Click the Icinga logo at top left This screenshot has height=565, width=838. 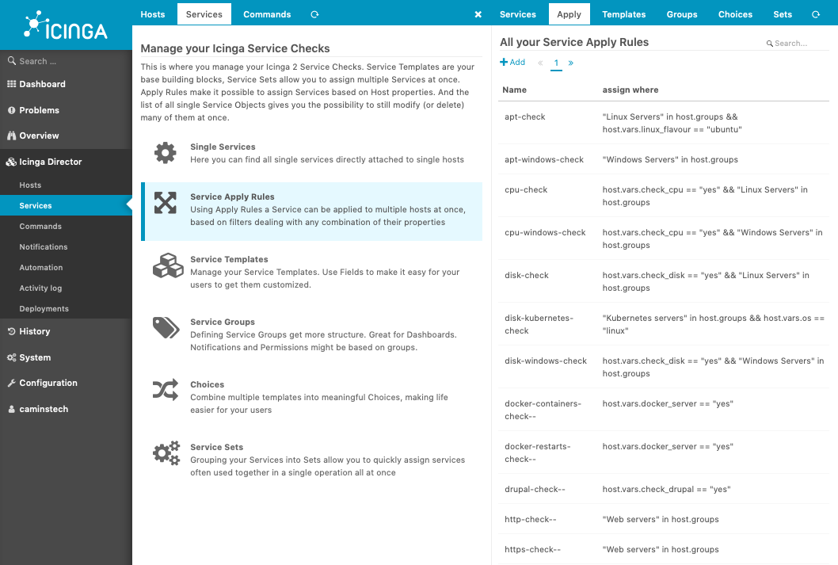tap(66, 25)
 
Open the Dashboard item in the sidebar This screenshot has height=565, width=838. tap(42, 84)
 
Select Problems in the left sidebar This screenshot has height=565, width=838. tap(39, 110)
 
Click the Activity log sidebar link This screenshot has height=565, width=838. tap(40, 288)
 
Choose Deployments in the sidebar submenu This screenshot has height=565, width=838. tap(44, 309)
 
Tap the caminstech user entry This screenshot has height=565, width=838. tap(44, 409)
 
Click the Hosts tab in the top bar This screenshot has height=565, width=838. tap(153, 14)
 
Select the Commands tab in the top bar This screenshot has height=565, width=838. tap(267, 14)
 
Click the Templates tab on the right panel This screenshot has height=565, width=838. tap(623, 14)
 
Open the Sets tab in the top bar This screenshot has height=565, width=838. tap(783, 14)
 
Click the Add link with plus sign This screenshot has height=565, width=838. tap(512, 62)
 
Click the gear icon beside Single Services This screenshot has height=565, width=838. tap(165, 153)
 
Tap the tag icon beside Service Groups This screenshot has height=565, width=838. tap(166, 327)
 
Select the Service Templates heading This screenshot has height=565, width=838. tap(229, 259)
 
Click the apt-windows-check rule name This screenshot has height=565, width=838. tap(544, 159)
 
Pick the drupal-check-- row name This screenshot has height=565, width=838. tap(535, 489)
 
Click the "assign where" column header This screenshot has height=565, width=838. tap(630, 90)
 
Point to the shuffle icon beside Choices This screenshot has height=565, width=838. tap(166, 390)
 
